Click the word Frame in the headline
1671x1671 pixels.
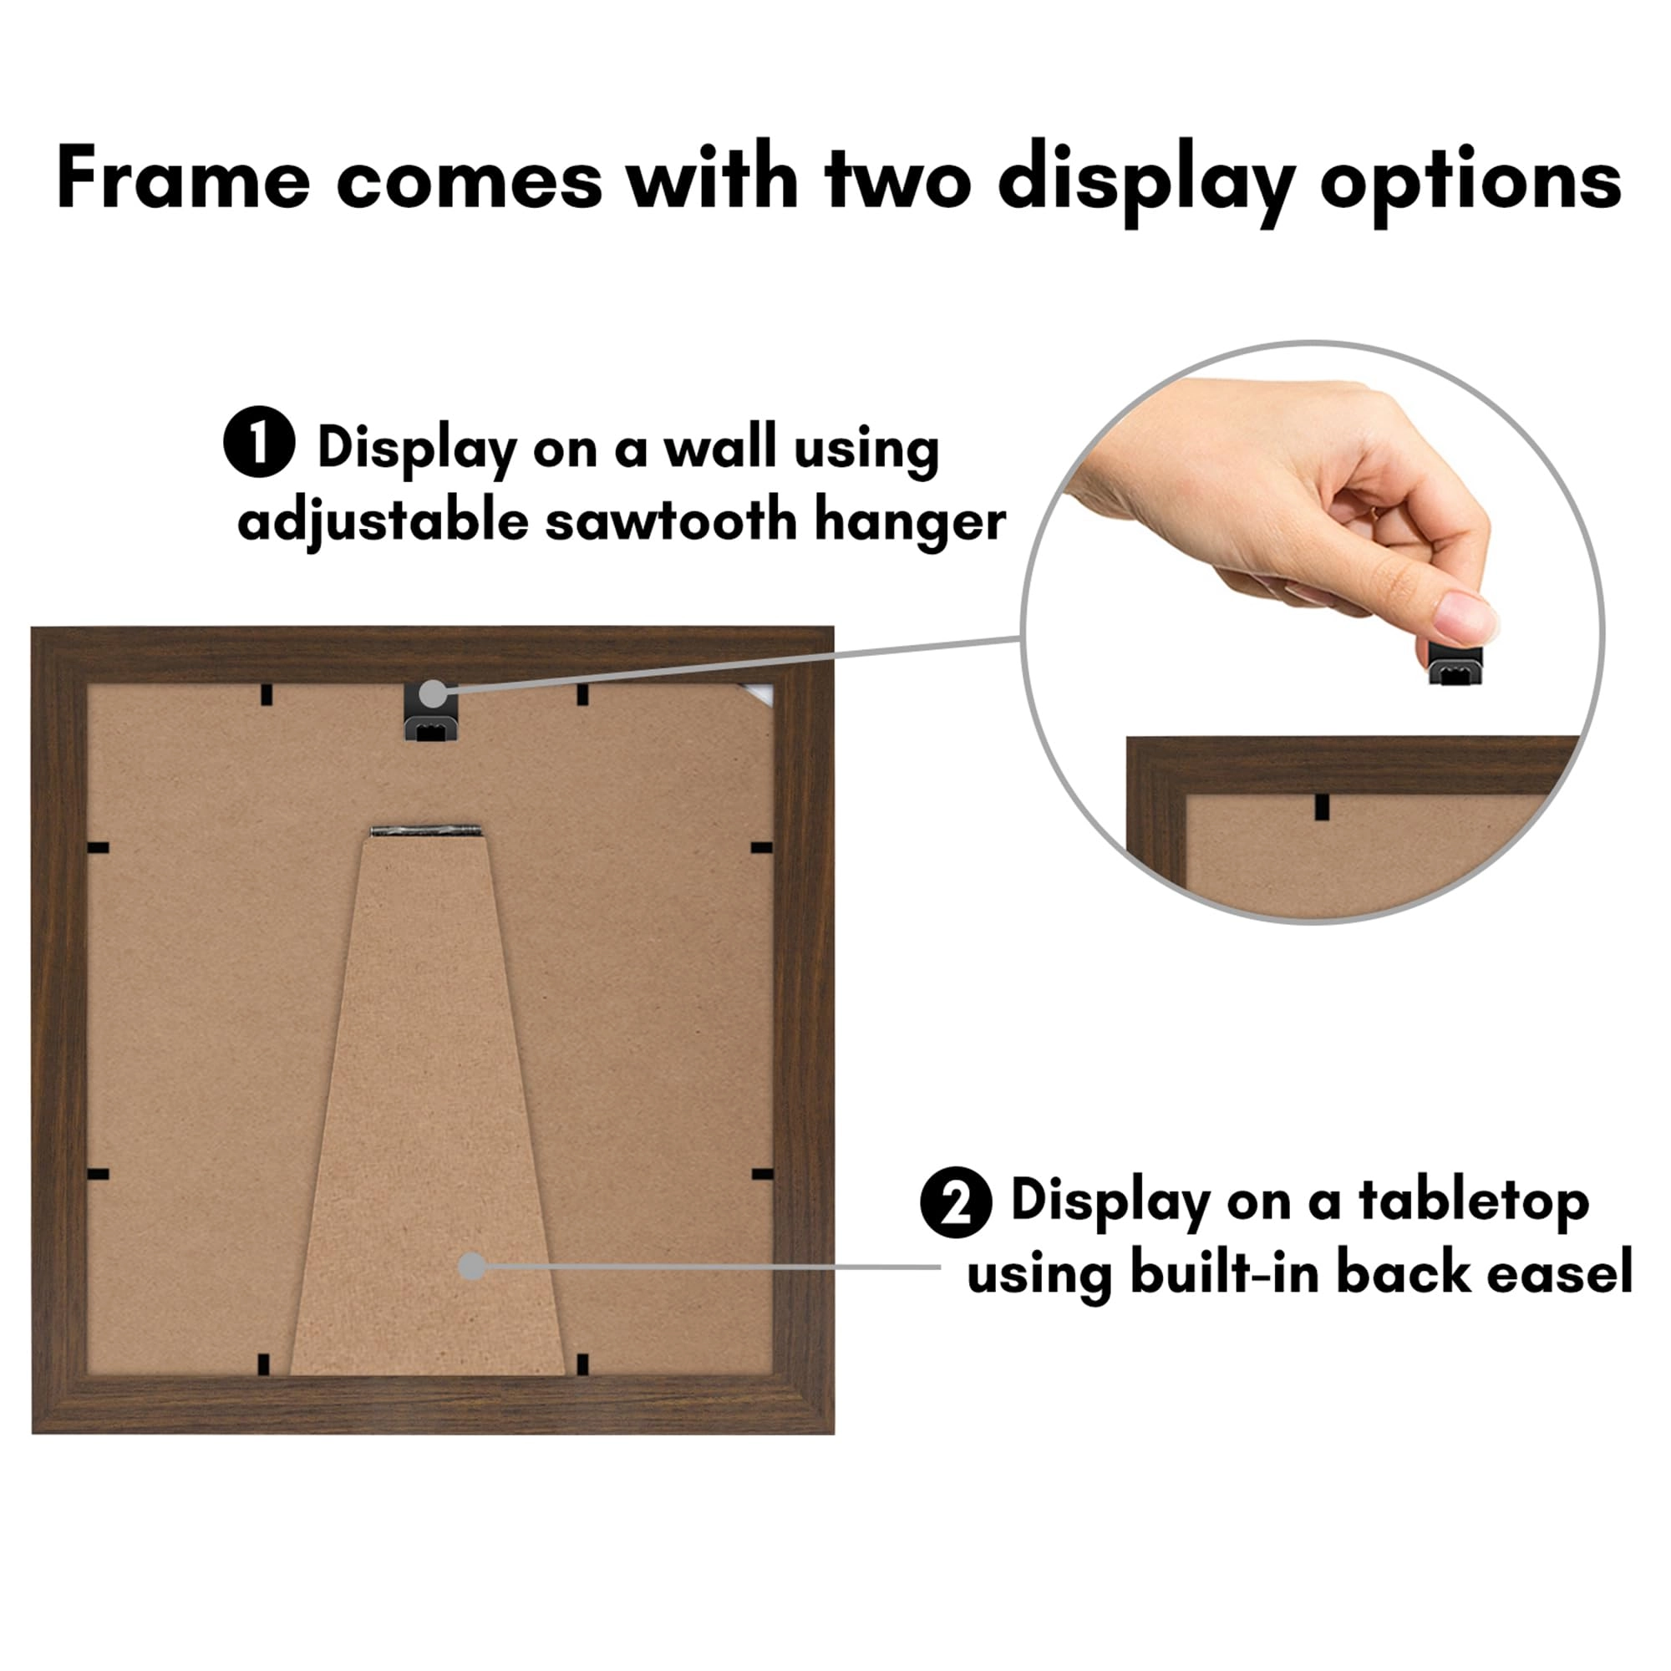[182, 179]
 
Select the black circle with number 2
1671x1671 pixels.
[955, 1202]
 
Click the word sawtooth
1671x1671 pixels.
[670, 521]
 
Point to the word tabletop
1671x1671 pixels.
[1473, 1202]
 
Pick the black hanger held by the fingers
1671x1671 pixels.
[1455, 664]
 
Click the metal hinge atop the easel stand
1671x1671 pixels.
[424, 831]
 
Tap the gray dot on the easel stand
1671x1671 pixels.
[471, 1267]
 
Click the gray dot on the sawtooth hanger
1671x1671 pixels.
[433, 693]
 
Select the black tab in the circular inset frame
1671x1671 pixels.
[1321, 807]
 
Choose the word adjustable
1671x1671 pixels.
[383, 522]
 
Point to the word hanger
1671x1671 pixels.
[910, 521]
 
